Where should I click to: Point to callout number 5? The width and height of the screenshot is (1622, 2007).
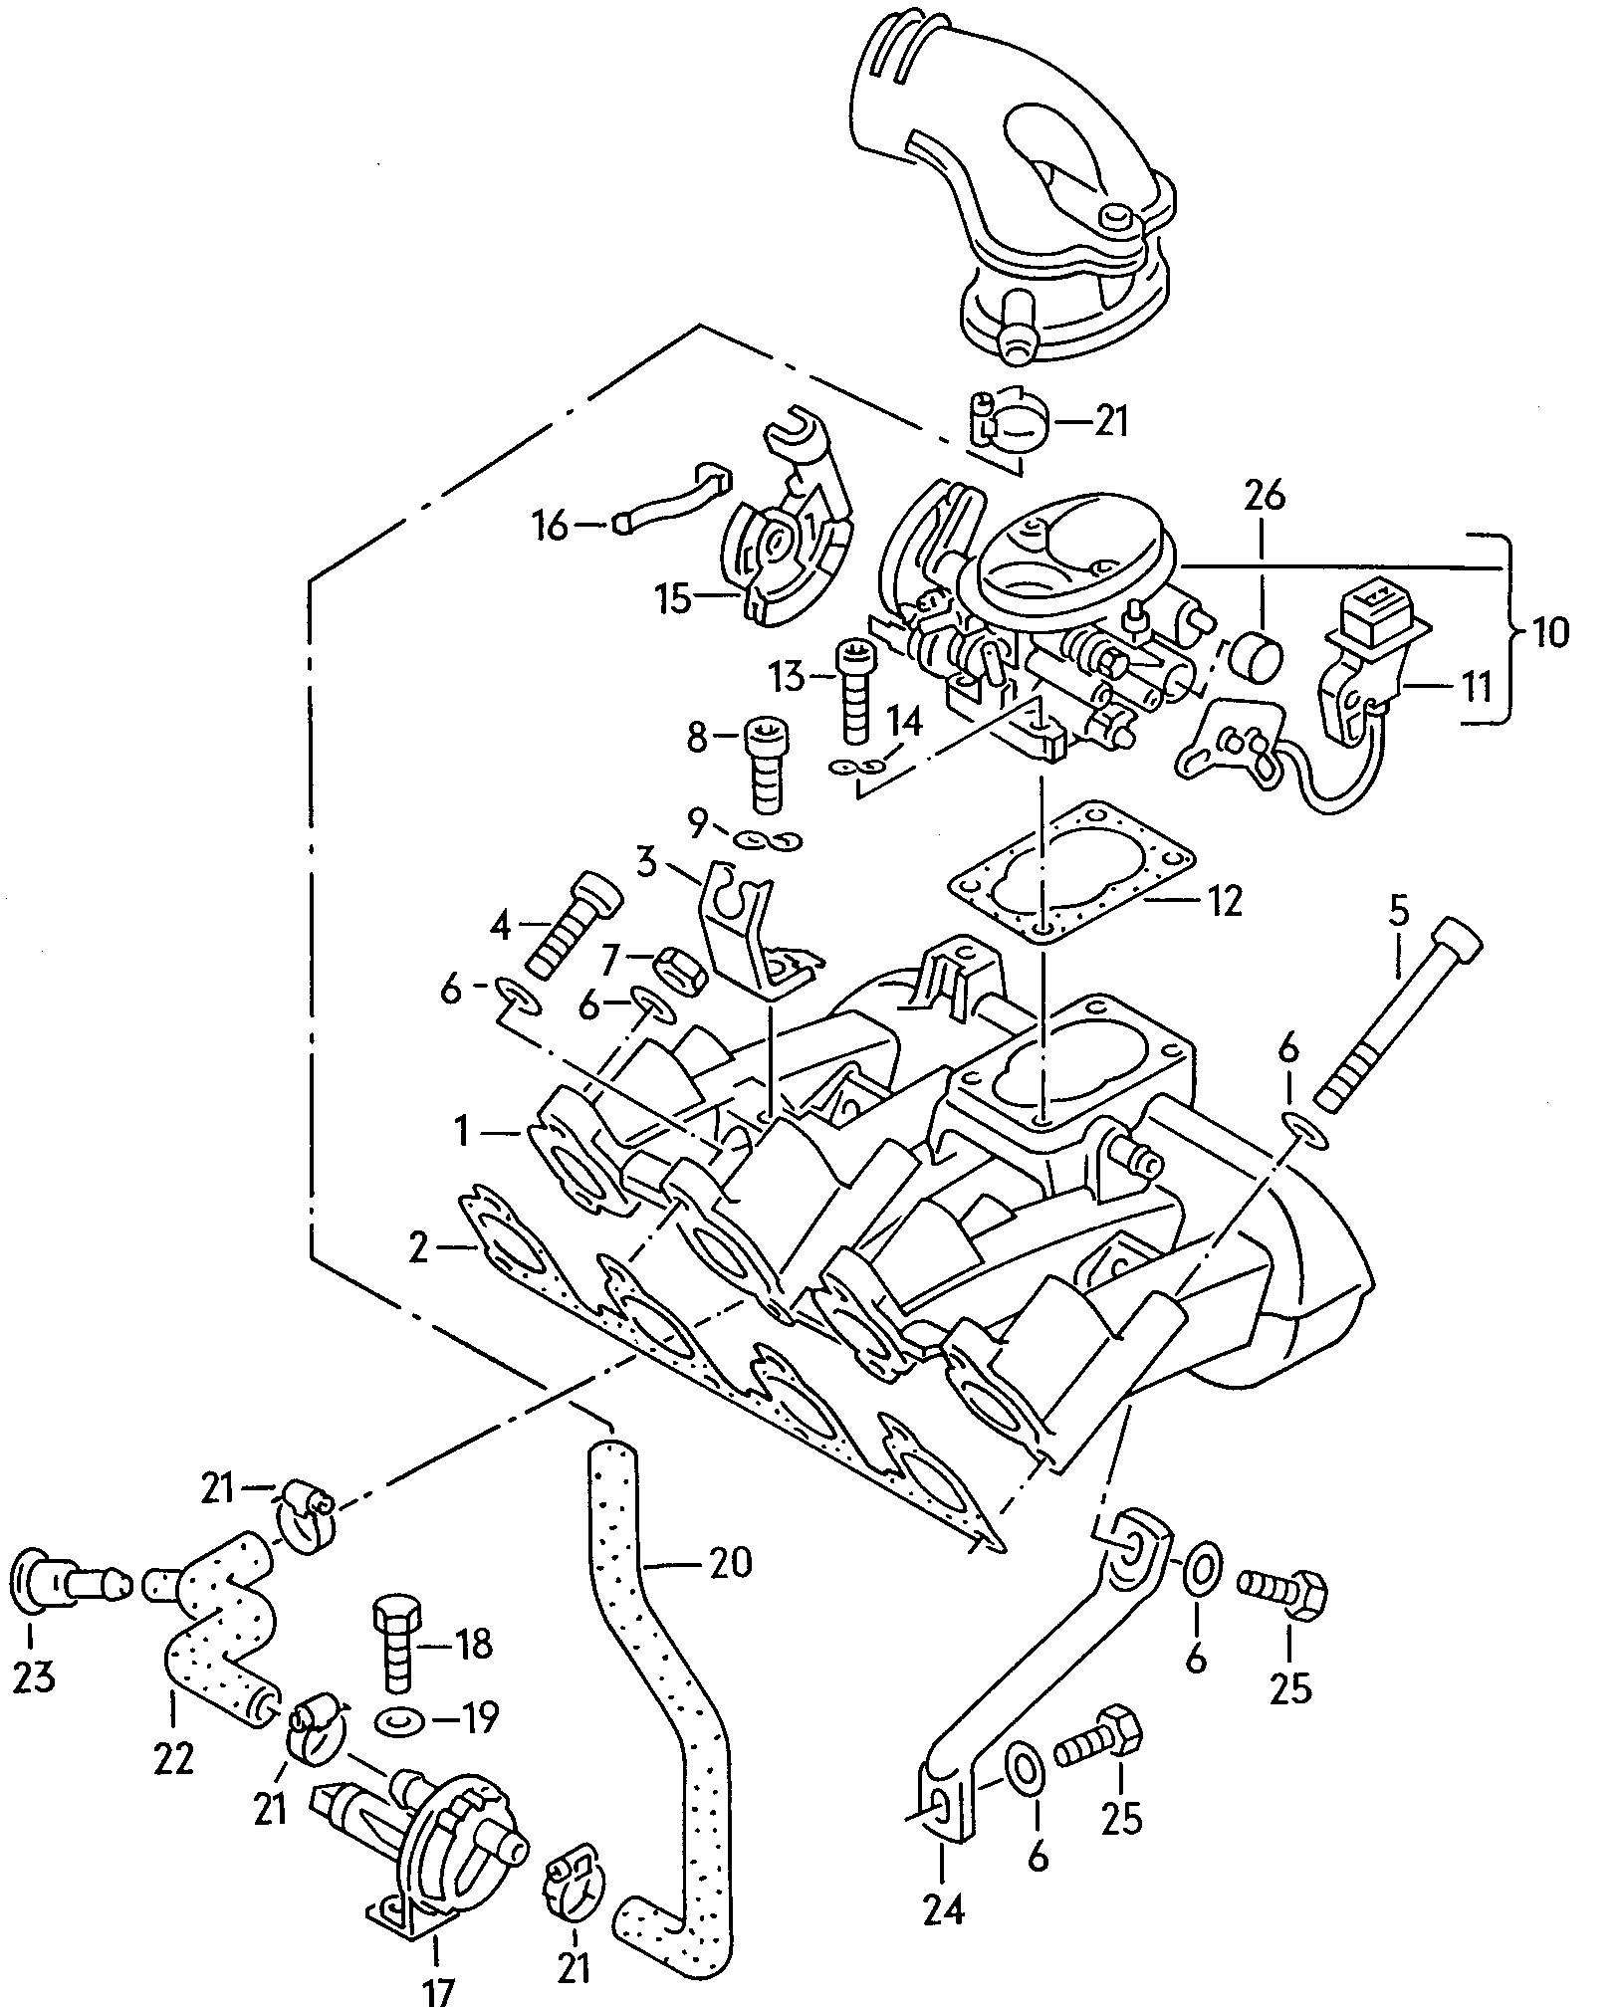(x=1399, y=911)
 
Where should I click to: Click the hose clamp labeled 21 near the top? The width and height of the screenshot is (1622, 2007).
(x=1006, y=421)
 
